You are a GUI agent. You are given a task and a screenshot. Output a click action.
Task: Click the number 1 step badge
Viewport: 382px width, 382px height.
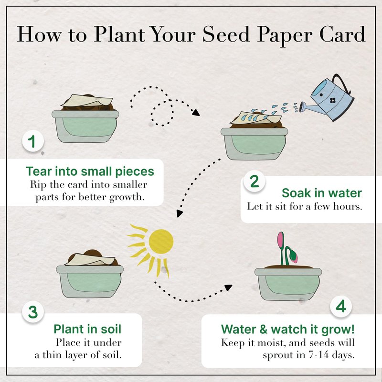point(33,141)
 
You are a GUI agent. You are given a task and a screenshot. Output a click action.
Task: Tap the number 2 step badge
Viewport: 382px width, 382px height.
point(255,181)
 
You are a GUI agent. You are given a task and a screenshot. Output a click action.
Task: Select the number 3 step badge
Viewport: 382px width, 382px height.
point(33,312)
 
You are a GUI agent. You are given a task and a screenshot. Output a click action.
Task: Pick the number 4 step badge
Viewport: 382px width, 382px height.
point(341,306)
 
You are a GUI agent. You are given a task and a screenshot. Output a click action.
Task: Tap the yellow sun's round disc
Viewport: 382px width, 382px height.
point(161,242)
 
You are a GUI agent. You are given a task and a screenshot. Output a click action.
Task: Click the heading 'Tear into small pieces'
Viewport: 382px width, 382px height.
point(90,171)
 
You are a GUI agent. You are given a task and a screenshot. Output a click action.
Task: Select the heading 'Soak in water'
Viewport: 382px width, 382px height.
point(321,193)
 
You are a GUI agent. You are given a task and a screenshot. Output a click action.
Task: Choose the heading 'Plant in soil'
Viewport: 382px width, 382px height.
point(87,329)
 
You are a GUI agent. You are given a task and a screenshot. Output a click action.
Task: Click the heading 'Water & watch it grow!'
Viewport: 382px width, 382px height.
point(288,329)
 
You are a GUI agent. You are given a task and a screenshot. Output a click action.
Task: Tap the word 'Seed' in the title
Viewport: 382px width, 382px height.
point(226,34)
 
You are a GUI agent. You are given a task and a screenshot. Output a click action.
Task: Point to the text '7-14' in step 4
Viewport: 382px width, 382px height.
point(318,355)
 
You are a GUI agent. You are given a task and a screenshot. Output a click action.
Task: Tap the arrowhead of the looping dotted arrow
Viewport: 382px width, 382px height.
point(196,112)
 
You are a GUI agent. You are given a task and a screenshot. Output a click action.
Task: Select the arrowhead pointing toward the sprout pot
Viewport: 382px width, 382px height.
point(228,287)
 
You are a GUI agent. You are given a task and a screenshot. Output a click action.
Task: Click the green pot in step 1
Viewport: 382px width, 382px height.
point(85,126)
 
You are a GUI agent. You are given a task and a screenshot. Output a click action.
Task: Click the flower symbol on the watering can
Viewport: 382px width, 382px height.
point(332,100)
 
